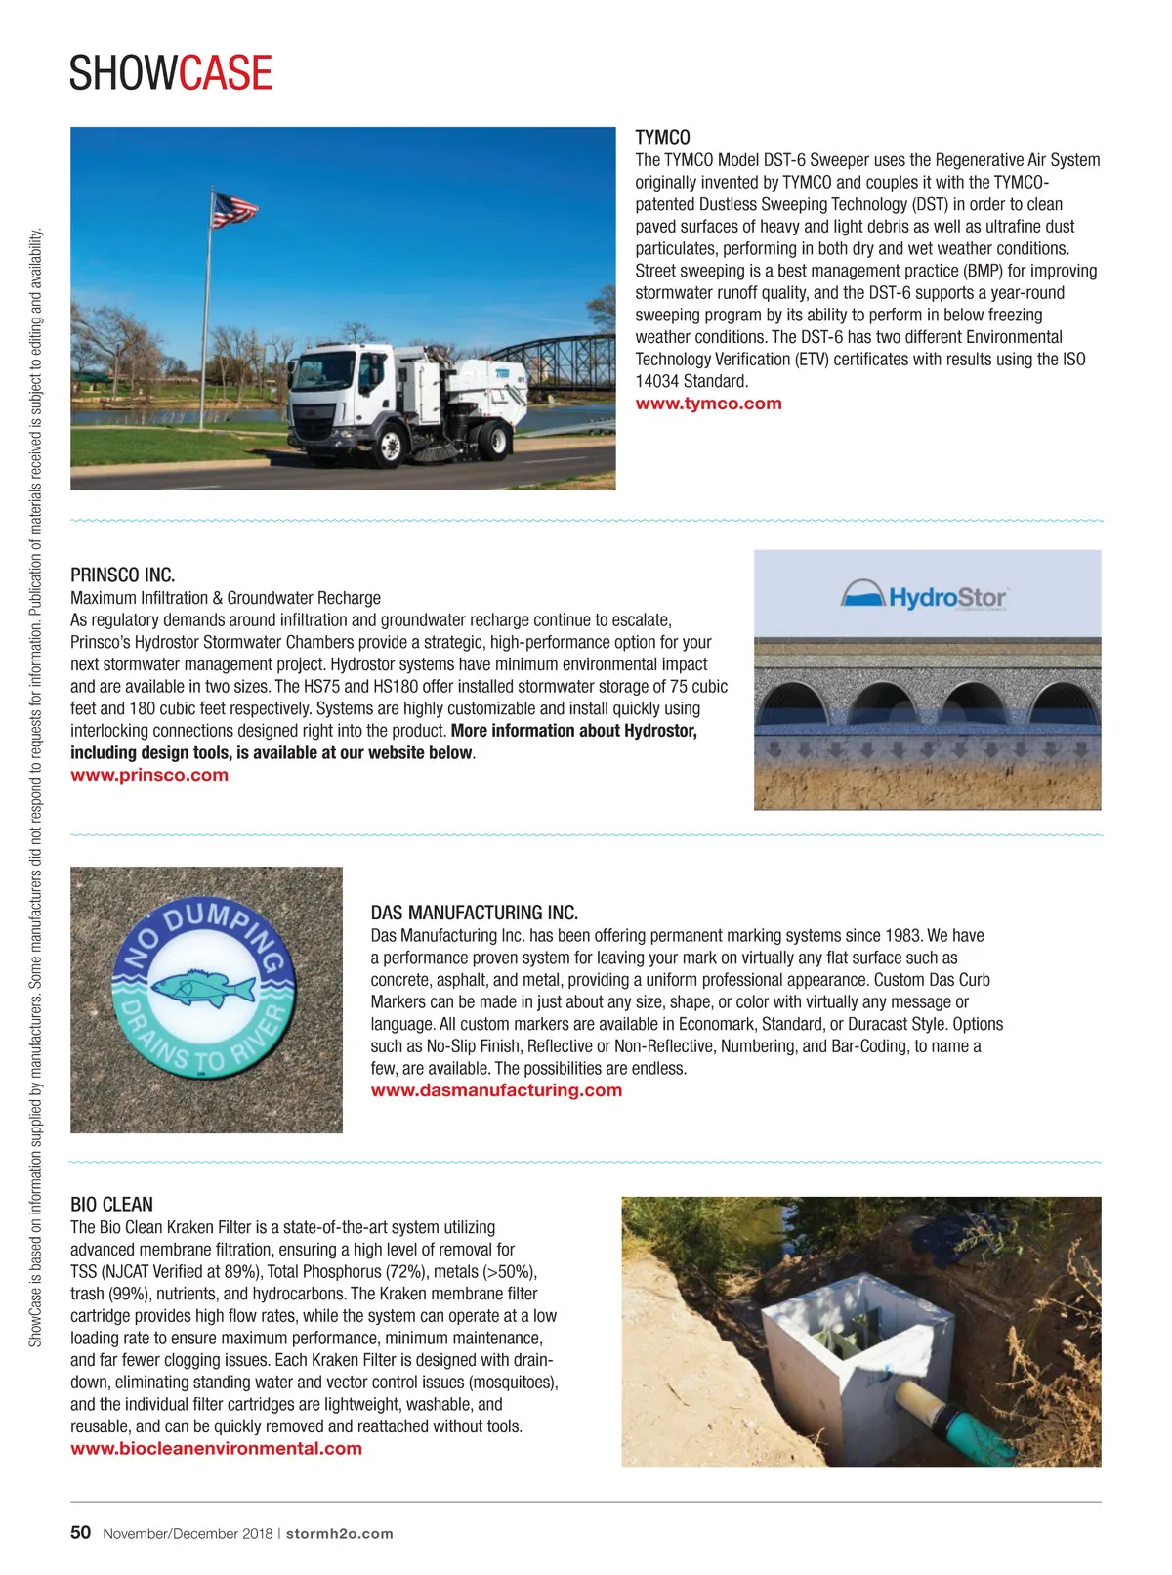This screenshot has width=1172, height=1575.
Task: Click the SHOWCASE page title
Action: [171, 73]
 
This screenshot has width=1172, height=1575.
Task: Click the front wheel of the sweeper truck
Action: [390, 445]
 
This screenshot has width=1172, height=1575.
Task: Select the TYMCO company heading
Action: [662, 138]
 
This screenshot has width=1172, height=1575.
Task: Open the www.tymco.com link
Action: [708, 404]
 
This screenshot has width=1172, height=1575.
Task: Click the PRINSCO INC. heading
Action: [122, 575]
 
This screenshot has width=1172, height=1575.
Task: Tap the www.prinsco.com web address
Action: [149, 775]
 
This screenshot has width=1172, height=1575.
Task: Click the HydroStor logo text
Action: [945, 597]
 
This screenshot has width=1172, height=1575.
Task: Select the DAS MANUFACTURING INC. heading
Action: [474, 913]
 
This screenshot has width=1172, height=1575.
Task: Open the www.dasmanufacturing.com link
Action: [496, 1090]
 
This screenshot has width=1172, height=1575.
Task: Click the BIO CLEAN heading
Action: [111, 1205]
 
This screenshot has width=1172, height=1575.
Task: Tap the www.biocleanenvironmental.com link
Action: [216, 1449]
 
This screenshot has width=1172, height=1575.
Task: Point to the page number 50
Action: [80, 1532]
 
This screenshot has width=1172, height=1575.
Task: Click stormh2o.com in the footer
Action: [339, 1534]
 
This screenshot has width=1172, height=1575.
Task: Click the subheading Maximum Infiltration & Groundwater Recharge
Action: [226, 598]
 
